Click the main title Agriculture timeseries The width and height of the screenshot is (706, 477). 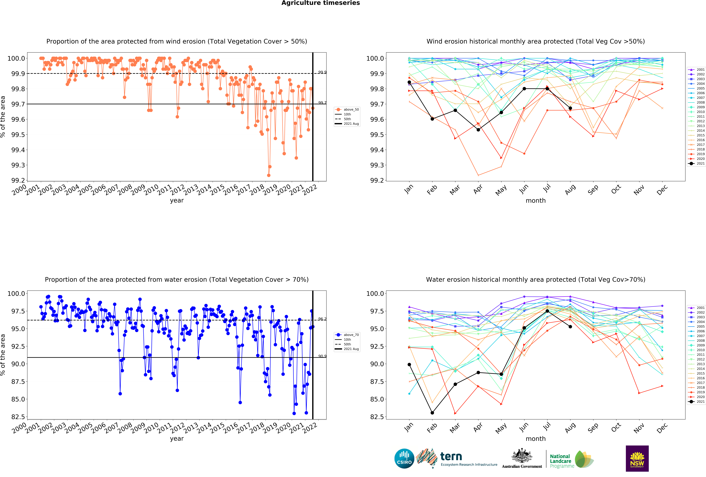click(x=320, y=3)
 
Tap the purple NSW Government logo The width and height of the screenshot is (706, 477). click(x=637, y=458)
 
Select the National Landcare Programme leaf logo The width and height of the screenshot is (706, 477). click(x=584, y=459)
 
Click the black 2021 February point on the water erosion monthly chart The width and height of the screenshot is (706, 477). click(x=432, y=413)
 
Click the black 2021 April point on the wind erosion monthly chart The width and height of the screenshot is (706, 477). click(x=478, y=130)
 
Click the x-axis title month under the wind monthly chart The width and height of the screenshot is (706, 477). click(x=536, y=201)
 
